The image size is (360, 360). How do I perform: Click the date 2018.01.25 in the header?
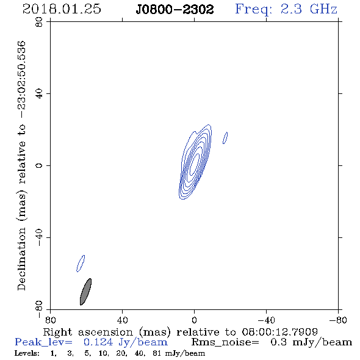[62, 9]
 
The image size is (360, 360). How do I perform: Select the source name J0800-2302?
[175, 10]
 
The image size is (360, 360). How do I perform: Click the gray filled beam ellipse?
[85, 292]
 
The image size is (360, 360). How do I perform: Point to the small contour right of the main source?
[225, 138]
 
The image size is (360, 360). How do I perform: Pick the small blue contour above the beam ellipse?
[81, 264]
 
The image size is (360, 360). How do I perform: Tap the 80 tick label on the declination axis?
[39, 22]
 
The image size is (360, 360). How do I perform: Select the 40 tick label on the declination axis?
[39, 94]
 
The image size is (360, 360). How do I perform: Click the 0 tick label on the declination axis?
[39, 165]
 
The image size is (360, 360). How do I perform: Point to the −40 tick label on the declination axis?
[39, 237]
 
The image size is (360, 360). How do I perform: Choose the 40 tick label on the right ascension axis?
[122, 320]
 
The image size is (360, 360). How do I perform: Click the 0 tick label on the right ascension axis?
[194, 320]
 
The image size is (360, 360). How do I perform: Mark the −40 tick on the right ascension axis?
[266, 320]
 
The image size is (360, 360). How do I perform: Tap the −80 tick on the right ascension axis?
[338, 320]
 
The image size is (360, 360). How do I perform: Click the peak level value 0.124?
[98, 342]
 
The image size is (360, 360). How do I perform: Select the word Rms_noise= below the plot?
[225, 342]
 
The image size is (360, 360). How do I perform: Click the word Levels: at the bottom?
[27, 353]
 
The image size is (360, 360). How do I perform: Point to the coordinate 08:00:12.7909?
[279, 332]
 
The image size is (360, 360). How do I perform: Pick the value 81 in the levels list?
[157, 353]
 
